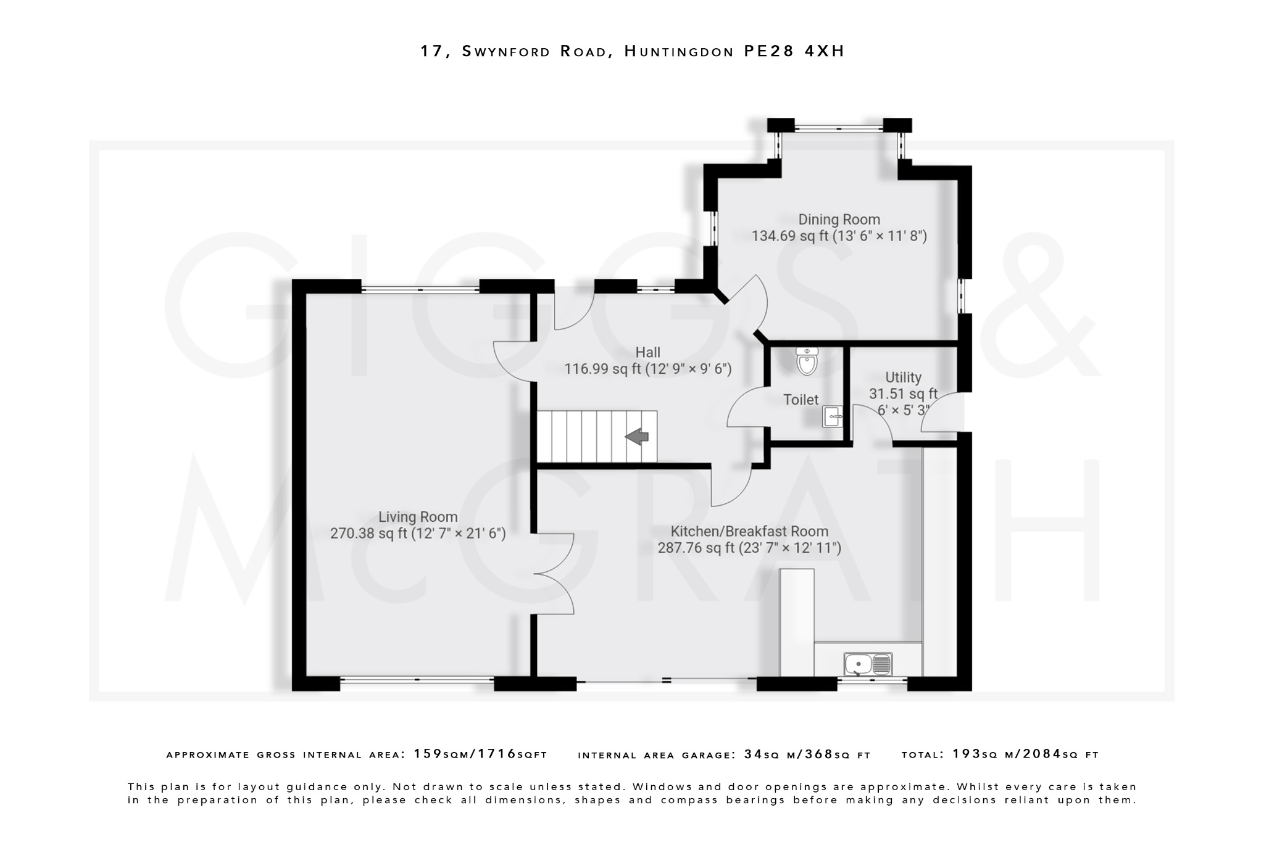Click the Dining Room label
pyautogui.click(x=839, y=220)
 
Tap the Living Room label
pyautogui.click(x=418, y=517)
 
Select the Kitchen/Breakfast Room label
pyautogui.click(x=749, y=531)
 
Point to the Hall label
pyautogui.click(x=647, y=352)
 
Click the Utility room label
pyautogui.click(x=903, y=377)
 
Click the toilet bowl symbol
pyautogui.click(x=807, y=361)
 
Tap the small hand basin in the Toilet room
pyautogui.click(x=833, y=417)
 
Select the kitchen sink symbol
pyautogui.click(x=868, y=664)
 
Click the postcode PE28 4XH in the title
pyautogui.click(x=794, y=51)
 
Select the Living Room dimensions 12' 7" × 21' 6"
pyautogui.click(x=459, y=534)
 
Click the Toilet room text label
pyautogui.click(x=800, y=400)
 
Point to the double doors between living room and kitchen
pyautogui.click(x=554, y=574)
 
